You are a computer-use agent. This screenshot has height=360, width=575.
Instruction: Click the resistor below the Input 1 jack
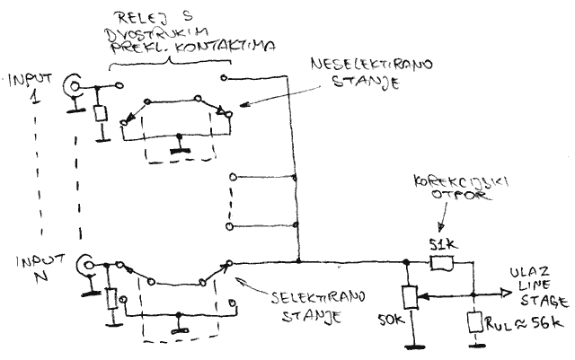point(99,115)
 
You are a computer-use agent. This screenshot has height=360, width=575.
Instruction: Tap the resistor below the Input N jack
point(111,297)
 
